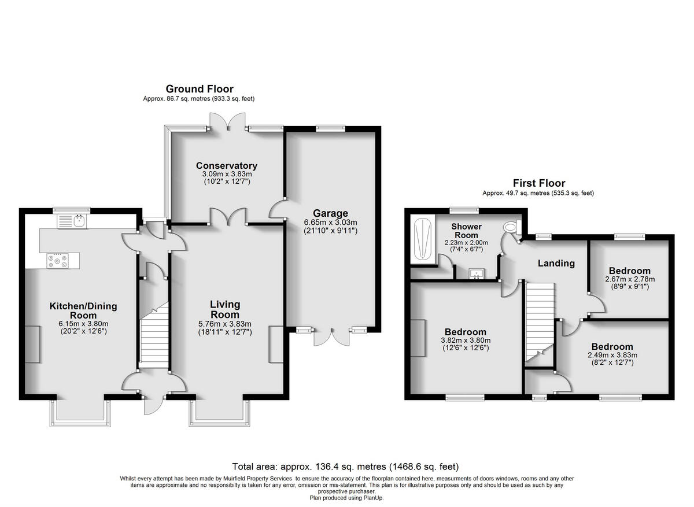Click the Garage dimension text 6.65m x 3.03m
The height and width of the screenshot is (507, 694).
[x=330, y=222]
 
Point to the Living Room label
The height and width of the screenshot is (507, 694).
[x=225, y=309]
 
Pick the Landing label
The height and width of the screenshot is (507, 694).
[x=556, y=264]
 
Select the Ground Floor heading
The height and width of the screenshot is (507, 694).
[x=200, y=89]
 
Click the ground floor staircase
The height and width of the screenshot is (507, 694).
[x=153, y=341]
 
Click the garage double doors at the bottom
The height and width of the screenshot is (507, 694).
[x=333, y=336]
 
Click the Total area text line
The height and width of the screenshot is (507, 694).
[x=345, y=467]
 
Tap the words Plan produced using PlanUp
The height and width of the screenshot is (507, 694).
[x=346, y=497]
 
